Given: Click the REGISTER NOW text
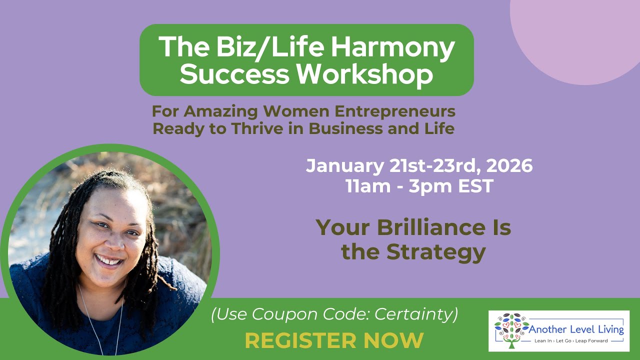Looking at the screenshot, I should pyautogui.click(x=334, y=340).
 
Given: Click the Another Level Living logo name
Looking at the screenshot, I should pyautogui.click(x=576, y=329).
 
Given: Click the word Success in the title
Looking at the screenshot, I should pyautogui.click(x=234, y=74).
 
